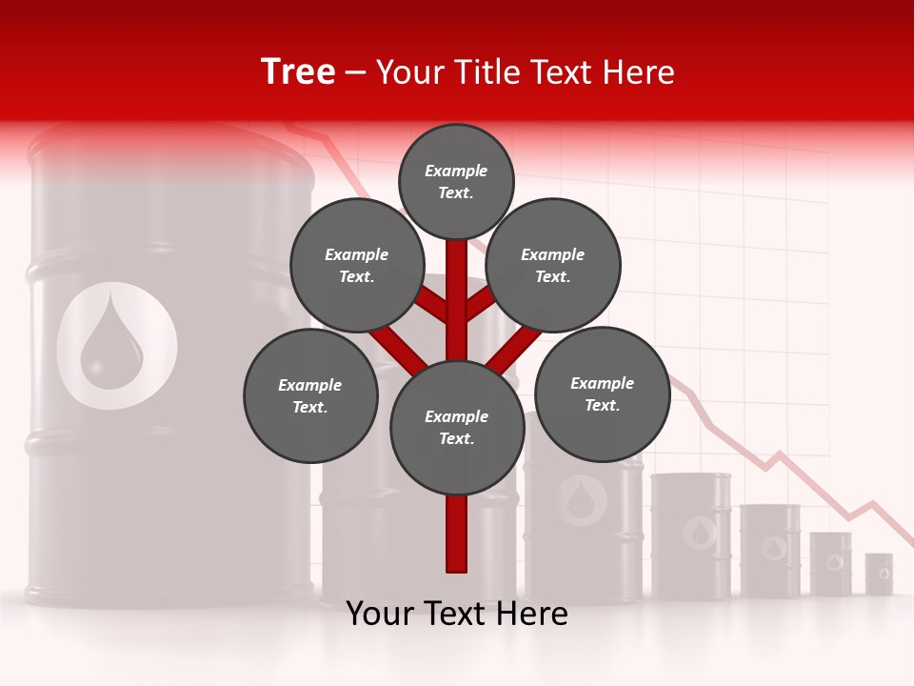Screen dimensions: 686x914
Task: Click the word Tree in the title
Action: (x=298, y=72)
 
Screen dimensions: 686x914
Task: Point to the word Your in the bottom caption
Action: (x=380, y=614)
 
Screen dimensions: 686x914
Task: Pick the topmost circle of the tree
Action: (x=456, y=181)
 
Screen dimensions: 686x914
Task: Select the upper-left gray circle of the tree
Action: (x=357, y=265)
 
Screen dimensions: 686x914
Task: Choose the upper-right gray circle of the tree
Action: (x=553, y=265)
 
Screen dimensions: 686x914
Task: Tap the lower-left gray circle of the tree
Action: (x=310, y=395)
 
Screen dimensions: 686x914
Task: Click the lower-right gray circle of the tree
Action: (x=602, y=393)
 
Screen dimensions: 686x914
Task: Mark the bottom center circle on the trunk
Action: (x=457, y=427)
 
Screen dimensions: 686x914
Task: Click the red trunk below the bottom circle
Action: (x=457, y=534)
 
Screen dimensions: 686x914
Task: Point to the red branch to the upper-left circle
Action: (x=431, y=307)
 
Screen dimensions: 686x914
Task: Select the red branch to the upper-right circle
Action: (x=482, y=307)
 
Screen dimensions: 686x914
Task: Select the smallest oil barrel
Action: (x=879, y=574)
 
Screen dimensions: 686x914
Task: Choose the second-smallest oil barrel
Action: (x=831, y=563)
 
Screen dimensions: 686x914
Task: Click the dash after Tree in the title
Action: (x=356, y=72)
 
